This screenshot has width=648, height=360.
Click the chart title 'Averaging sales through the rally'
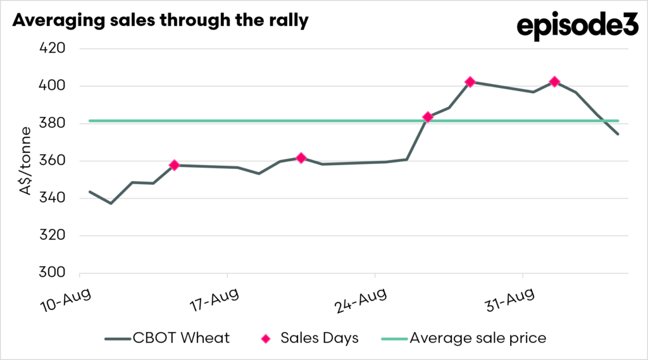[160, 21]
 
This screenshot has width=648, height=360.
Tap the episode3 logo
[577, 26]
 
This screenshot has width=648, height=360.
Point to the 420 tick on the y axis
[52, 48]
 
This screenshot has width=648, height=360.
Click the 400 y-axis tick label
[52, 85]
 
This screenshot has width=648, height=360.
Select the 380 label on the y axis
[52, 123]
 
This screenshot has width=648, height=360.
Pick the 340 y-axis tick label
[52, 198]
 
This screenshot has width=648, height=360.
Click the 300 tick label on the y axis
[52, 273]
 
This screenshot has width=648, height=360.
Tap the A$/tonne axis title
[25, 161]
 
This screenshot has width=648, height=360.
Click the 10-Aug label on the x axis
[66, 300]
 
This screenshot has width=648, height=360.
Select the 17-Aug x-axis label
[214, 300]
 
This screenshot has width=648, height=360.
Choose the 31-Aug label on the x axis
[509, 300]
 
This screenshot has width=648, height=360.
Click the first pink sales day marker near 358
[175, 165]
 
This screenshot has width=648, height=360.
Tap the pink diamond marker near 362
[301, 158]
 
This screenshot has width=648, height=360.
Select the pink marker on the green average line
[428, 118]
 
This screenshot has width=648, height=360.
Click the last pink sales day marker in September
[554, 82]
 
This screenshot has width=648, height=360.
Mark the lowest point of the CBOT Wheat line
[111, 203]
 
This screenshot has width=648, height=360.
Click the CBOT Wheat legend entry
[167, 338]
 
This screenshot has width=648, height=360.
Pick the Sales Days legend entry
[309, 338]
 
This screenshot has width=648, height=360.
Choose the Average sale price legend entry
[464, 338]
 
